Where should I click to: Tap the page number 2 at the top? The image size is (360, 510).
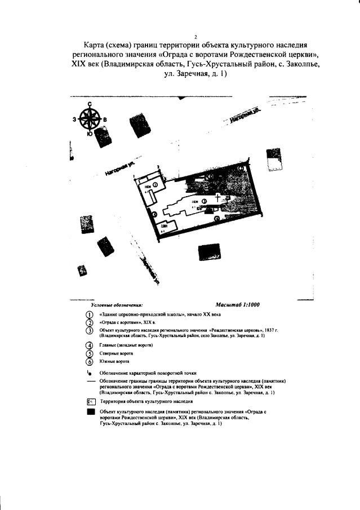coord(180,36)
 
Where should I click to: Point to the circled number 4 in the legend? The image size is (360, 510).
coord(88,345)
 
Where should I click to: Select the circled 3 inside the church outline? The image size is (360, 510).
coord(205,201)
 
